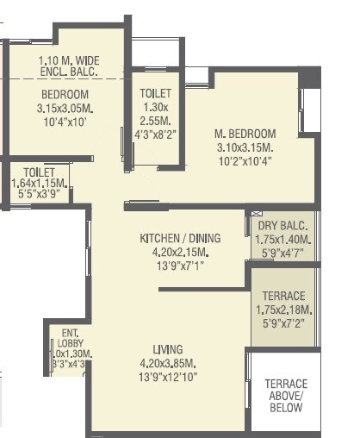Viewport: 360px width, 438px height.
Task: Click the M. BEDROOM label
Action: point(245,134)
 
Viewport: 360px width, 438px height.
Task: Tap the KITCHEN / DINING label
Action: point(180,238)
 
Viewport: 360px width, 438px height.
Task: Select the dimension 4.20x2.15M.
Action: point(180,253)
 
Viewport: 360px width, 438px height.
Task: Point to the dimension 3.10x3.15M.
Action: point(245,147)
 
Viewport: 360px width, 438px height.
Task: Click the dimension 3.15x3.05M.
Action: point(65,109)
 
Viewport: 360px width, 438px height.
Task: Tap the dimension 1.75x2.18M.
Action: point(283,309)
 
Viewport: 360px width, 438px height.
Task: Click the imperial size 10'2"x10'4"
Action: point(245,161)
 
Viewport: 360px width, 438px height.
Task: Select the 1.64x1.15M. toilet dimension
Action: point(40,184)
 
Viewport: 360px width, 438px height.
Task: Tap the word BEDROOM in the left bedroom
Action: point(65,94)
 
